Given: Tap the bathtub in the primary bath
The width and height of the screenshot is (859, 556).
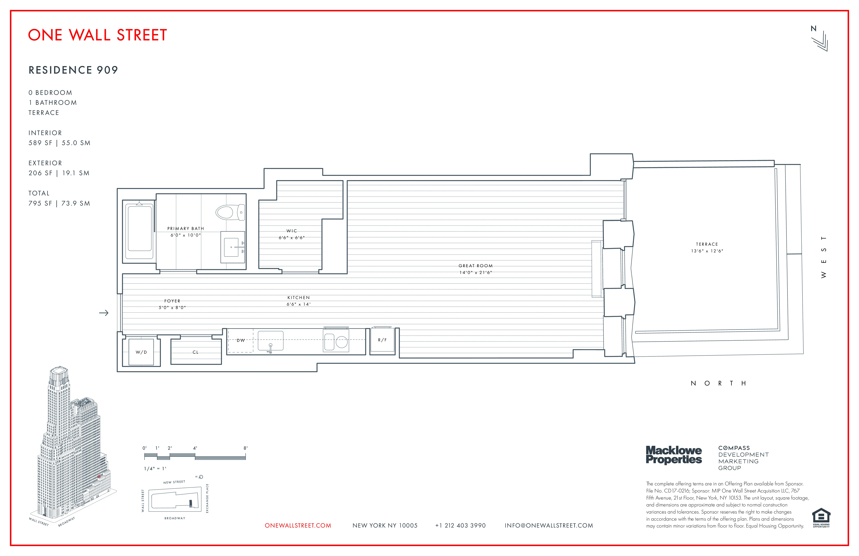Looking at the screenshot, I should (x=140, y=228).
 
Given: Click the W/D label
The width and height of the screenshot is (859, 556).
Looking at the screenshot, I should (x=141, y=352).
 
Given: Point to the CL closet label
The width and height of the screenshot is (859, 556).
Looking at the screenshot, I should (x=196, y=352).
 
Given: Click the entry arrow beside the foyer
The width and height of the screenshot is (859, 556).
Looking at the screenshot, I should (x=104, y=313).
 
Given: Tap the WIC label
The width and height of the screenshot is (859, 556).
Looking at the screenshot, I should (x=292, y=231).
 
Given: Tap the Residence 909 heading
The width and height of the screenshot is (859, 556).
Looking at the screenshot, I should (x=73, y=70).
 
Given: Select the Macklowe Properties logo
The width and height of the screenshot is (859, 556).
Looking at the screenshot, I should (x=674, y=455).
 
